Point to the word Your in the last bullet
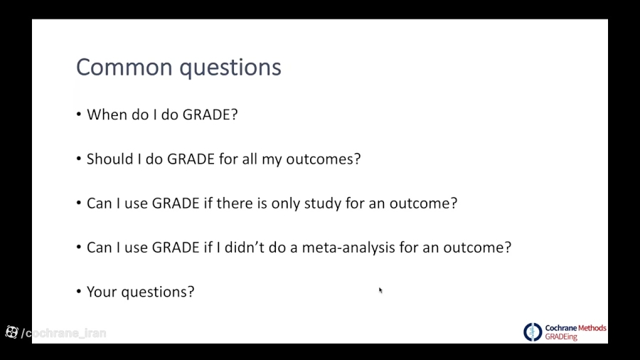coord(102,292)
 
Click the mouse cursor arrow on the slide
coord(380,290)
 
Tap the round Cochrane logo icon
coord(533,332)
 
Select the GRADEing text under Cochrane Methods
coord(561,337)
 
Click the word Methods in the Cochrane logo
coord(592,328)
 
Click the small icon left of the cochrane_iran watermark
coord(11,332)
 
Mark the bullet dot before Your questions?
coord(79,292)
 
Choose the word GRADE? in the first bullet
coord(210,115)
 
